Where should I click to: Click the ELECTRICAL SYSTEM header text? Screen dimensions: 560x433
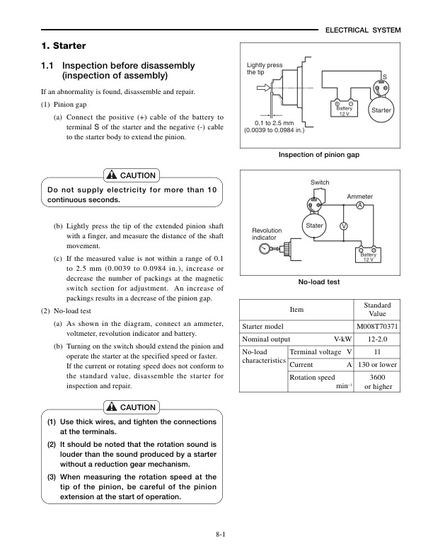[362, 30]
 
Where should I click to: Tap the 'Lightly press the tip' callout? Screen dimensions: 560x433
[264, 69]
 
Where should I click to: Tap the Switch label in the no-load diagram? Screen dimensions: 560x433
[320, 183]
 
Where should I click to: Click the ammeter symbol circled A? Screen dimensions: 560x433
[360, 205]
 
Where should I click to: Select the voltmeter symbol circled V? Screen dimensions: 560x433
[343, 226]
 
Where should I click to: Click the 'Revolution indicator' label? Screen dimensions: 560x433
[267, 234]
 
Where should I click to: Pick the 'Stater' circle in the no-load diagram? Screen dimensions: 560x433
[313, 226]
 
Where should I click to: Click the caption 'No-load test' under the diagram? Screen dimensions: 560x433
[319, 281]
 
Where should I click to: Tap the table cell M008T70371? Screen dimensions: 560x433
[377, 327]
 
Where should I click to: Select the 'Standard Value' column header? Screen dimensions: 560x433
[377, 309]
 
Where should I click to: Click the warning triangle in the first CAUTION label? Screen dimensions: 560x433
[111, 175]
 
